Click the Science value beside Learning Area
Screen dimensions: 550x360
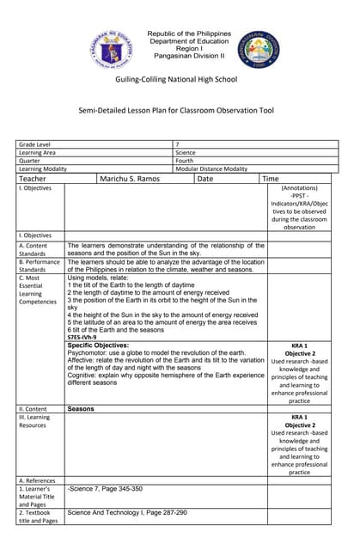186,153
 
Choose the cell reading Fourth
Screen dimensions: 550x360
186,162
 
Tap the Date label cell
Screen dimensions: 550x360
205,179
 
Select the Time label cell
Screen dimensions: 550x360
271,179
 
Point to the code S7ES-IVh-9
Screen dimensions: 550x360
83,338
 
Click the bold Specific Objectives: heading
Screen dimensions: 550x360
98,345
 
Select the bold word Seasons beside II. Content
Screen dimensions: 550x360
81,409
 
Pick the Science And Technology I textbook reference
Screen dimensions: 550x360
127,512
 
